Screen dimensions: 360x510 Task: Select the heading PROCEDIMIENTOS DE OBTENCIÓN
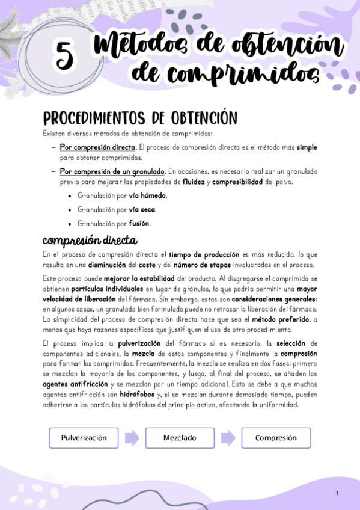[141, 117]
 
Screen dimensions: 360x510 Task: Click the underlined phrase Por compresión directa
[97, 147]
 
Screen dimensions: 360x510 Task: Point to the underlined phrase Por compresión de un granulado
[112, 171]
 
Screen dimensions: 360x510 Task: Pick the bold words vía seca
[142, 210]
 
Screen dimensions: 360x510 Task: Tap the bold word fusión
[139, 224]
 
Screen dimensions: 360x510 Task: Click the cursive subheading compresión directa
[90, 242]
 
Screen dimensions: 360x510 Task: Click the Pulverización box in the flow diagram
[84, 438]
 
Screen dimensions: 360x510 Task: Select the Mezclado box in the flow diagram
[180, 438]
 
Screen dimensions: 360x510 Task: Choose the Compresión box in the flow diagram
[276, 438]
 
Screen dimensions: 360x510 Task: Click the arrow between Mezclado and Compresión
[228, 438]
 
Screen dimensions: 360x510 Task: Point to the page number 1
[337, 493]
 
